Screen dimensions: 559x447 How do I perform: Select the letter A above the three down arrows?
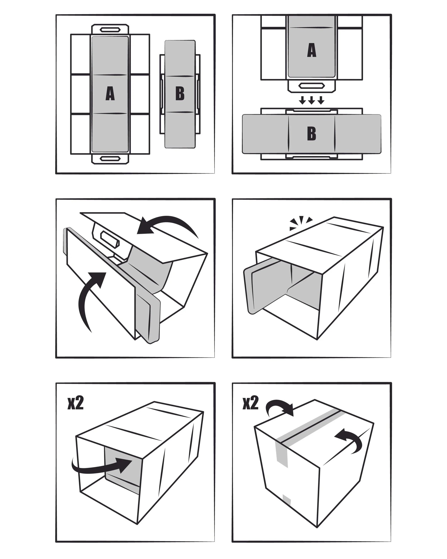[311, 50]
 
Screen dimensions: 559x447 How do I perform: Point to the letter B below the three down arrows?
[311, 134]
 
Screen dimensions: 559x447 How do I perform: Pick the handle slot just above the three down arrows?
[311, 86]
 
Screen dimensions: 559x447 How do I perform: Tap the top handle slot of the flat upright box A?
[110, 29]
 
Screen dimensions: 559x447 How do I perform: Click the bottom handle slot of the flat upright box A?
[110, 158]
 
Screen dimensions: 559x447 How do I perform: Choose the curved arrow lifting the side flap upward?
[91, 298]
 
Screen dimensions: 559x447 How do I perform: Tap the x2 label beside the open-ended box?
[75, 404]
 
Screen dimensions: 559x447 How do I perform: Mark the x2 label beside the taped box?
[250, 404]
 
